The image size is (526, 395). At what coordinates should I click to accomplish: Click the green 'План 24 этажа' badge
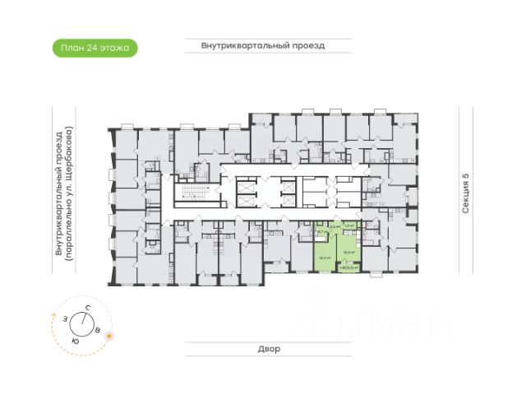tap(95, 48)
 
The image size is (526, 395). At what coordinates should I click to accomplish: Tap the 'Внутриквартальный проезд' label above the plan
tap(263, 46)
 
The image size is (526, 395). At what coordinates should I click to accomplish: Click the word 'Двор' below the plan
tap(263, 349)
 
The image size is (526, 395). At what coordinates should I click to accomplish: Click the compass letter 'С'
tap(86, 308)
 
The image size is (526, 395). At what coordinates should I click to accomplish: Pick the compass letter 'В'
tap(99, 331)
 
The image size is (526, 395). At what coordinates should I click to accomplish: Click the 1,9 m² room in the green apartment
tap(348, 225)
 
